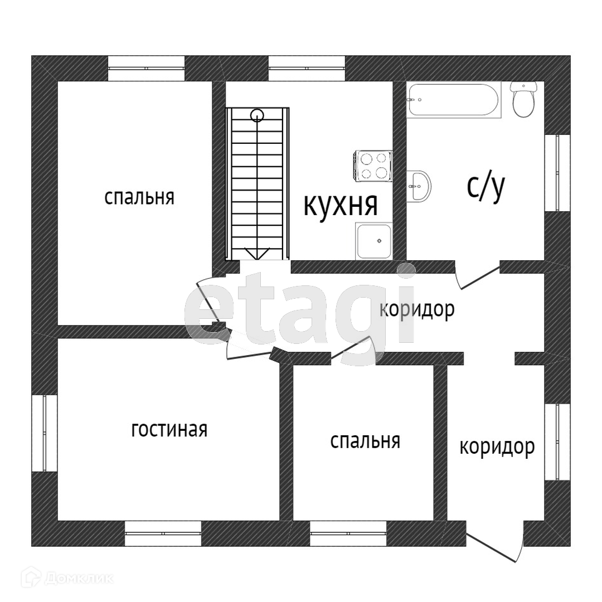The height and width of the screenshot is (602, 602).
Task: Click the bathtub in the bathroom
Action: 453,100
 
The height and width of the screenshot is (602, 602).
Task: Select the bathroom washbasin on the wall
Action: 419,186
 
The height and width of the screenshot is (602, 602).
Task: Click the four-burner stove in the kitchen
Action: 373,166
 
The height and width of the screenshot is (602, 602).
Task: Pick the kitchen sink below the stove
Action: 375,241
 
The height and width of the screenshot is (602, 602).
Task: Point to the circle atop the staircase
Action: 257,115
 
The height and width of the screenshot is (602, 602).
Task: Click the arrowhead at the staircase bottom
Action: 257,254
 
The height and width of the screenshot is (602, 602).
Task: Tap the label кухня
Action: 341,205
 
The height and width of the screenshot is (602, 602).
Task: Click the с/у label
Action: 486,187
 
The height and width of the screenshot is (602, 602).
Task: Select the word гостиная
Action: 169,429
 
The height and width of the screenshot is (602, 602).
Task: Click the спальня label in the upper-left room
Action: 139,197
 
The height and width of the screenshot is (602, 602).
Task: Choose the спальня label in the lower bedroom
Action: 365,440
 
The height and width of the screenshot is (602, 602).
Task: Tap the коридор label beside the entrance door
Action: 497,446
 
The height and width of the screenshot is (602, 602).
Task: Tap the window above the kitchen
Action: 307,69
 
